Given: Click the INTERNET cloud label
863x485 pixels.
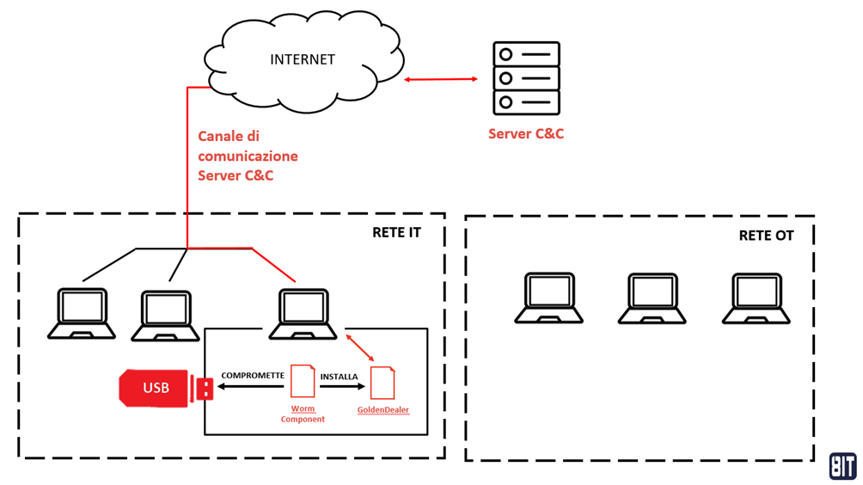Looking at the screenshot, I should pos(303,59).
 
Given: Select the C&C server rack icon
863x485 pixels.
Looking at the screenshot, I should pos(526,78).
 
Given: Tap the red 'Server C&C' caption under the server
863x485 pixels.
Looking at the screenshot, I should pos(526,134).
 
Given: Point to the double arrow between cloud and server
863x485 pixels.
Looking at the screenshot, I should pos(441,79).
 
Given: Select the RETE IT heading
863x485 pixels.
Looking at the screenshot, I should pos(396,233).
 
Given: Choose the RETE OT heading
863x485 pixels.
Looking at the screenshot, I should pos(766,236).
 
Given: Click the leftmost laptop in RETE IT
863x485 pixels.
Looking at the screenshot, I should pos(82,314).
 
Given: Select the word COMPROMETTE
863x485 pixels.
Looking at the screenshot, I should pos(252,376).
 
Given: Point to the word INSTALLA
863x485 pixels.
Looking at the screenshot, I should pos(339,377).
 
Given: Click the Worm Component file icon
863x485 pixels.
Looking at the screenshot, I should pos(303,382).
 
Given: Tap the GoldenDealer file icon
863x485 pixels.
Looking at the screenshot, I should pos(383,384).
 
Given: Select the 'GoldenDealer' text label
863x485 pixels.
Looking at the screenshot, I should pos(383,410).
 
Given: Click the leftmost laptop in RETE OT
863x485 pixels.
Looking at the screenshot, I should pos(548,298).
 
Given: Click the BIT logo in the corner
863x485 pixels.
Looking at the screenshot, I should pos(842,465).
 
